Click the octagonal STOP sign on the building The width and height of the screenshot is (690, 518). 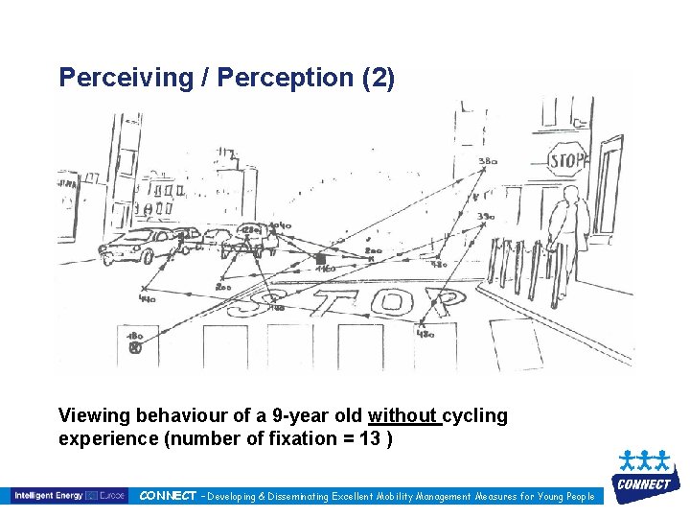point(566,160)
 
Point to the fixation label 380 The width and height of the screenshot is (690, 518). point(488,161)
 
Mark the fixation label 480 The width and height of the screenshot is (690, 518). point(425,335)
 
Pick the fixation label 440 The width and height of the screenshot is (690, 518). point(147,299)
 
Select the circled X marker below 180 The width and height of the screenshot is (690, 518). point(135,348)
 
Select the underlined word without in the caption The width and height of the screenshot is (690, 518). point(404,415)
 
